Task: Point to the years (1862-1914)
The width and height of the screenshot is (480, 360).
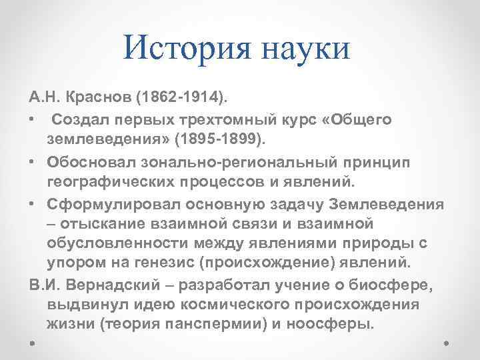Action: [x=181, y=99]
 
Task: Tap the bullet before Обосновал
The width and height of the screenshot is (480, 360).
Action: [x=33, y=161]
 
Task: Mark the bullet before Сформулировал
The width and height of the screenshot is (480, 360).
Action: [x=33, y=202]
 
